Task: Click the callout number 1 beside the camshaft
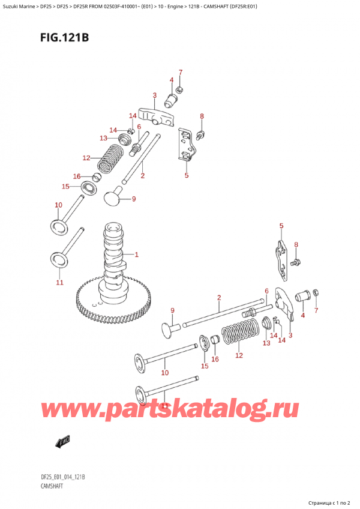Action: [x=137, y=254]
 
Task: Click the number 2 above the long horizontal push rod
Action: [x=219, y=298]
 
